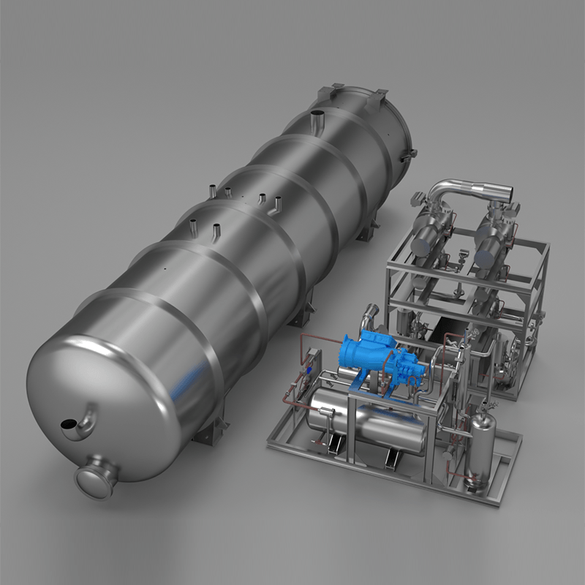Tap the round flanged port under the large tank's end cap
97,477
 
